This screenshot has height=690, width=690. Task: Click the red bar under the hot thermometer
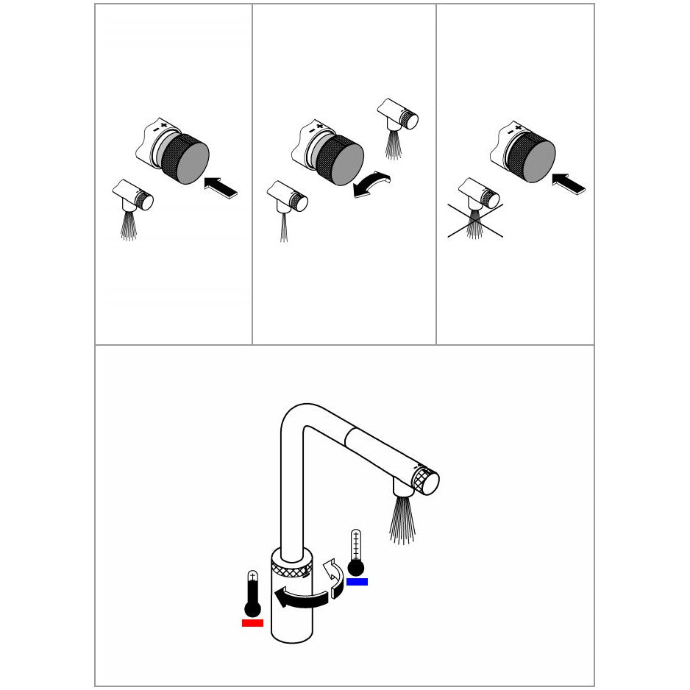pyautogui.click(x=252, y=623)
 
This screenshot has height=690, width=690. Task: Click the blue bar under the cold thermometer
pyautogui.click(x=357, y=581)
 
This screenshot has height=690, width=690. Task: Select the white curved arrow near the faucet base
pyautogui.click(x=335, y=577)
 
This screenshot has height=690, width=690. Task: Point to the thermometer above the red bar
pyautogui.click(x=252, y=594)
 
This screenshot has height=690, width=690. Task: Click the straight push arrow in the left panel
pyautogui.click(x=221, y=187)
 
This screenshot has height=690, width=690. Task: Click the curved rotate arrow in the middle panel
pyautogui.click(x=371, y=185)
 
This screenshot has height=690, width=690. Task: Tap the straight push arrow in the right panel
pyautogui.click(x=569, y=183)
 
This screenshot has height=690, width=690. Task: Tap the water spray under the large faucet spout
pyautogui.click(x=402, y=519)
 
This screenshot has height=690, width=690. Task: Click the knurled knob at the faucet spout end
pyautogui.click(x=426, y=481)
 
